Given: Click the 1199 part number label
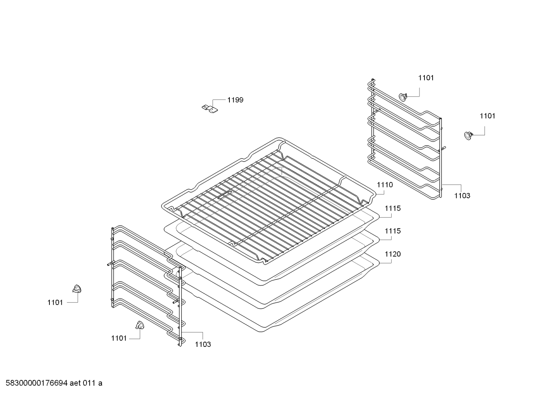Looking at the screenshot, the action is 235,100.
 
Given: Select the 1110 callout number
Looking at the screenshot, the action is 385,185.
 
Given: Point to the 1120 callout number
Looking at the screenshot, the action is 392,254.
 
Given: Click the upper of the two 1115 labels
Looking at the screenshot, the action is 392,208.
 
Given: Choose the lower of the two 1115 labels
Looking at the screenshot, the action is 392,231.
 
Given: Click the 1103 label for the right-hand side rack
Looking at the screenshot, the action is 462,196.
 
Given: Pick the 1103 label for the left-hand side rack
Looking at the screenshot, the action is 203,345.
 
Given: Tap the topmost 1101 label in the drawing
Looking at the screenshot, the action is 426,78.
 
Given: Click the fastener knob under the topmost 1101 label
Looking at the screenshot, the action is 402,97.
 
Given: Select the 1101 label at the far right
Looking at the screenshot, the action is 487,116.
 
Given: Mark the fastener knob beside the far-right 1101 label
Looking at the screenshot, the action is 468,136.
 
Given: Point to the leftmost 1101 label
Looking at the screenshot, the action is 55,303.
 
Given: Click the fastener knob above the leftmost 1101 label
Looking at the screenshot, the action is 77,289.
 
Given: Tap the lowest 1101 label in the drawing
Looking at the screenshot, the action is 119,338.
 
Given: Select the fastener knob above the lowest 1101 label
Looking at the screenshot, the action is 140,326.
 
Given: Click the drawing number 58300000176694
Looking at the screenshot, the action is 37,383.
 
